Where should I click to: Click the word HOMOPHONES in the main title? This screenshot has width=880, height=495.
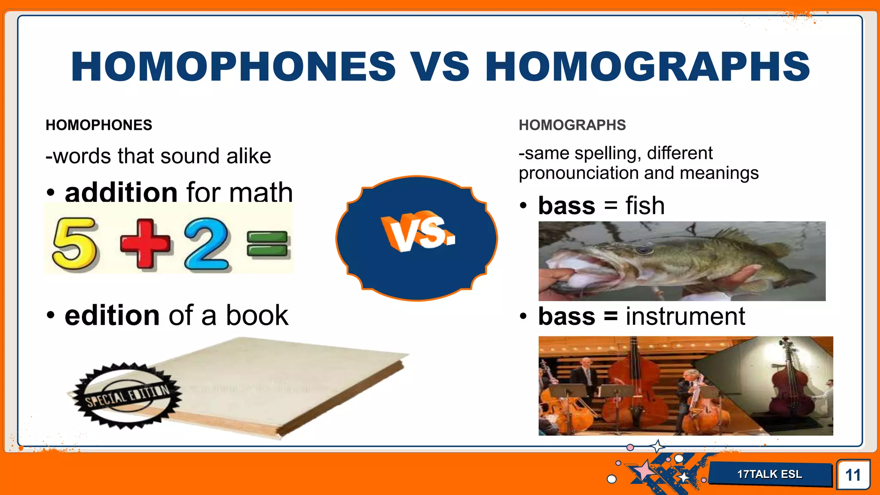[233, 67]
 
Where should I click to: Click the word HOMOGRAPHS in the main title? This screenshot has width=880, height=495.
[648, 67]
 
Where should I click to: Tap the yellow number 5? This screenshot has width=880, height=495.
[74, 244]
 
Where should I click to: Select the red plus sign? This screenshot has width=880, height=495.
[145, 244]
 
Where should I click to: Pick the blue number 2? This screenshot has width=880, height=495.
[207, 244]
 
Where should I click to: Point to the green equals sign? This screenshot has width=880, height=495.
[267, 243]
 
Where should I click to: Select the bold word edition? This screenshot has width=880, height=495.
[112, 315]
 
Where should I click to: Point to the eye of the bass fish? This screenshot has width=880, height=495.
[643, 250]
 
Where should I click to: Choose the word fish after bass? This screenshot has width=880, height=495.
[645, 206]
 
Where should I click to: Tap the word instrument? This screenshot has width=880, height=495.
[685, 317]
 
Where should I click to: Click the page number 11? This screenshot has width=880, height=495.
[853, 475]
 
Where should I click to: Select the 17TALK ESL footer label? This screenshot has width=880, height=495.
[770, 474]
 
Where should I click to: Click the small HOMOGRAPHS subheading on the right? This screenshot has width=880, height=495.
[572, 125]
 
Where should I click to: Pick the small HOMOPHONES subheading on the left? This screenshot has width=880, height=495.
[99, 125]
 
